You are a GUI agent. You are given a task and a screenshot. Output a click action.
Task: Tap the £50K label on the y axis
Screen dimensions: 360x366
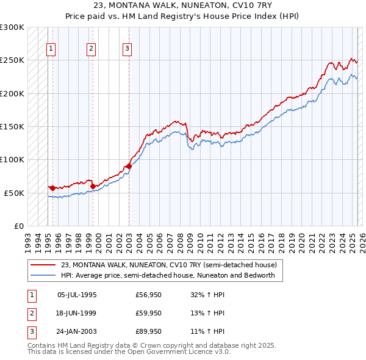pyautogui.click(x=15, y=193)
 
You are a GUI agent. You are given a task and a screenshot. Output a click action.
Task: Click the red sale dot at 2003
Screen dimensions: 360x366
pyautogui.click(x=129, y=166)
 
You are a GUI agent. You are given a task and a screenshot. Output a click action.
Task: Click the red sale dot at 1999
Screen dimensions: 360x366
pyautogui.click(x=93, y=186)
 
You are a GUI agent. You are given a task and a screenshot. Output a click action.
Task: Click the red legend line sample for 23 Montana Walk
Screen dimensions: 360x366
pyautogui.click(x=43, y=265)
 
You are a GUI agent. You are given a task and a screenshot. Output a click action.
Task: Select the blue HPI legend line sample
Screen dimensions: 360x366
pyautogui.click(x=43, y=275)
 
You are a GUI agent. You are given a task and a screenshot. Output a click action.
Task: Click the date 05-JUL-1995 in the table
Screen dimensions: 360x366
pyautogui.click(x=77, y=295)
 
